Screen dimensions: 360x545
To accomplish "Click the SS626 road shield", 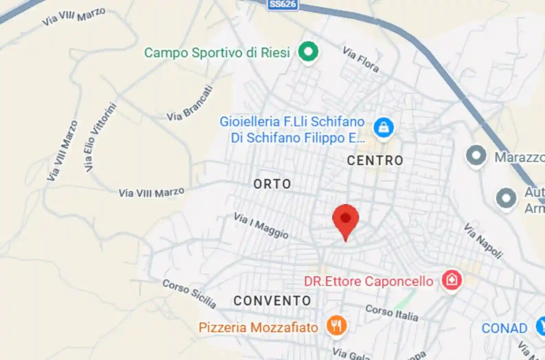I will click(x=283, y=4).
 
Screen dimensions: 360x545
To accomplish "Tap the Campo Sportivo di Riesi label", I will click(x=217, y=53).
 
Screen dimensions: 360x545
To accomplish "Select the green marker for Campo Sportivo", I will click(x=308, y=52).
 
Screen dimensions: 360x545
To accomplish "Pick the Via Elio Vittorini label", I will click(x=100, y=137).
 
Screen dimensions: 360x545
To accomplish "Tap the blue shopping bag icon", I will click(x=383, y=128).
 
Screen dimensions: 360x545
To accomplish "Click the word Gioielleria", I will click(x=250, y=122).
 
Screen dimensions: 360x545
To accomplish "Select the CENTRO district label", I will click(x=375, y=160).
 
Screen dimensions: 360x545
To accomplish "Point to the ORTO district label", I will click(x=272, y=184).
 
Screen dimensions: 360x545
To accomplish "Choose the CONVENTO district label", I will click(x=272, y=301).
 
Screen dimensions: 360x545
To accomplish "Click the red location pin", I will click(x=345, y=219).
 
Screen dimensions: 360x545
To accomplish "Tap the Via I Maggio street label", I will click(x=261, y=225).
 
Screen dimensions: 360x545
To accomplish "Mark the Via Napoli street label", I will click(x=483, y=241).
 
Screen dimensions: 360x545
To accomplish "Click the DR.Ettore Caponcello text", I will click(x=369, y=281).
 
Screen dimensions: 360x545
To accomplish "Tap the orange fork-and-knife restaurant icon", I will click(x=336, y=325).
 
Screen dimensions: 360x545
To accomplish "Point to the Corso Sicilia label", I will click(x=189, y=294).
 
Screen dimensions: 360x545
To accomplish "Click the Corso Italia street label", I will click(x=392, y=313).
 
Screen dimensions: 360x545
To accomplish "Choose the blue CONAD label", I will click(x=504, y=328).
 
